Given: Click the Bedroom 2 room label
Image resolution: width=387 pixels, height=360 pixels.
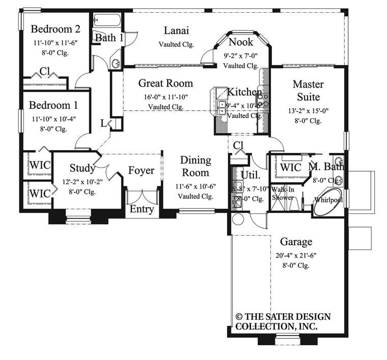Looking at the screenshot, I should [x=56, y=29].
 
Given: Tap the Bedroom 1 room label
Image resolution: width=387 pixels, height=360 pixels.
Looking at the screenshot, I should [x=53, y=105].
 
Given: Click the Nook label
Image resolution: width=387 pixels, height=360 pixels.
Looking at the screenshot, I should [x=241, y=42].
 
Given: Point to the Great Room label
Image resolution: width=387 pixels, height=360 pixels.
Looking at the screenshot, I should [x=165, y=84].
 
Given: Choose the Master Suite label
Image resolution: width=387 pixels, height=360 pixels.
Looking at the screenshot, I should [x=308, y=90].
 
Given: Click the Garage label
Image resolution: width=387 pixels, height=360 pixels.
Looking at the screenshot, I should [x=296, y=242].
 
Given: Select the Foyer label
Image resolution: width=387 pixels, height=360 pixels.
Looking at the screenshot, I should [x=141, y=171].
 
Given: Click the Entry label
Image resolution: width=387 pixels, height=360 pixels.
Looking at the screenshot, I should [x=142, y=209].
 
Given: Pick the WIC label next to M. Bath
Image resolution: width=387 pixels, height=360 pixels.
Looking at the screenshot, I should [x=291, y=167].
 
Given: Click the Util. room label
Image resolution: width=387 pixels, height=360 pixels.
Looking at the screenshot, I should [x=251, y=176].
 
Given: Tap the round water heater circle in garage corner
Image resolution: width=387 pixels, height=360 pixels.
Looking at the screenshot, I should [x=238, y=219].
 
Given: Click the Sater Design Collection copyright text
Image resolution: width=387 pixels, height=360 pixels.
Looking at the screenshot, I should [x=283, y=321].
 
